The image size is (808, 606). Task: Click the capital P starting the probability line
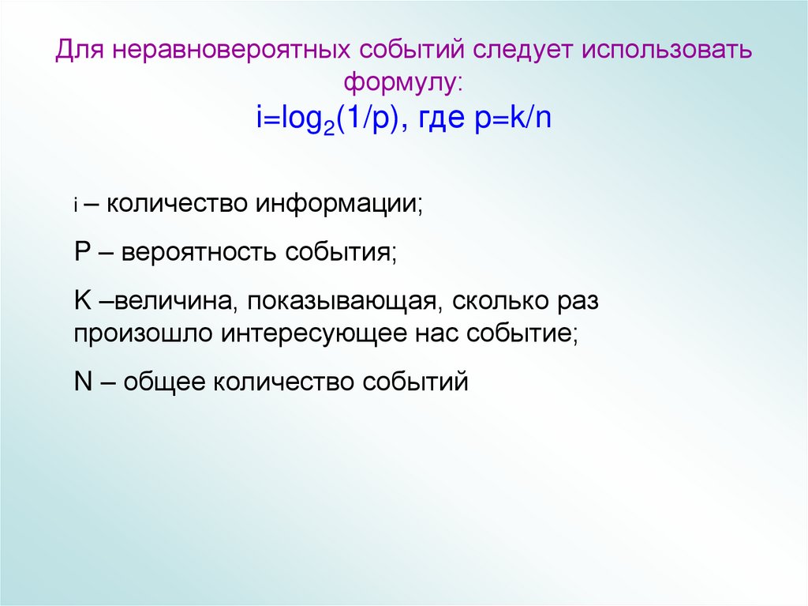pyautogui.click(x=82, y=253)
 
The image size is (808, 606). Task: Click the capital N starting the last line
pyautogui.click(x=83, y=382)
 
